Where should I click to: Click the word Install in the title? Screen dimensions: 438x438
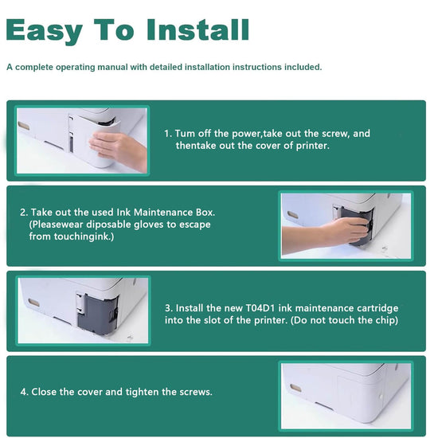point(197,29)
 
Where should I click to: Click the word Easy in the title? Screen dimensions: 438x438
point(44,32)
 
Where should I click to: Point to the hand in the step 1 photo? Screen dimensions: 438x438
point(119,150)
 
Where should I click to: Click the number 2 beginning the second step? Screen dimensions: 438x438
point(22,213)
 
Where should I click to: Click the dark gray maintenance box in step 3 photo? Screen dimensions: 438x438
point(97,314)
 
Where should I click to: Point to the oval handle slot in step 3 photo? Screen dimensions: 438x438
point(33,303)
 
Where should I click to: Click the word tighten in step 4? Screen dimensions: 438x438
point(143,392)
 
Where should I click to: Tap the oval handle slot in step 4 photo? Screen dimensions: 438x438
point(295,388)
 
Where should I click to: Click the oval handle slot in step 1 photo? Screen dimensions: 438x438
point(24,126)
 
